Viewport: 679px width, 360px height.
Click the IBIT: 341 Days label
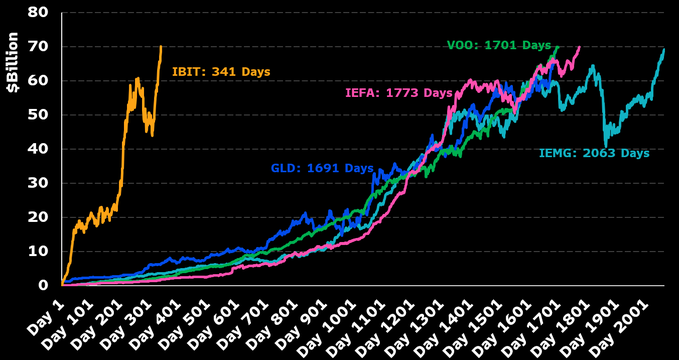pos(220,72)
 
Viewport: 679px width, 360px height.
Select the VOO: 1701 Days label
pos(498,45)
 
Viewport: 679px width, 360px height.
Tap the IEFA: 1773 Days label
pos(393,93)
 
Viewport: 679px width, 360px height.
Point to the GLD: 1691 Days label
pos(322,168)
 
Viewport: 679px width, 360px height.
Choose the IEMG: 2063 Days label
pos(594,153)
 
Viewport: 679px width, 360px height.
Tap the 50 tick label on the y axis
pos(40,115)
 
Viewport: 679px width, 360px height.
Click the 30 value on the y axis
pos(40,183)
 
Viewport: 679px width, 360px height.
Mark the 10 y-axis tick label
pos(40,251)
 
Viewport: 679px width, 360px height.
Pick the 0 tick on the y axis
pos(45,284)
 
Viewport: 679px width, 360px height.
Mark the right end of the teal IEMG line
pos(664,49)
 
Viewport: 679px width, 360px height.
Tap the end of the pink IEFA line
pos(579,47)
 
